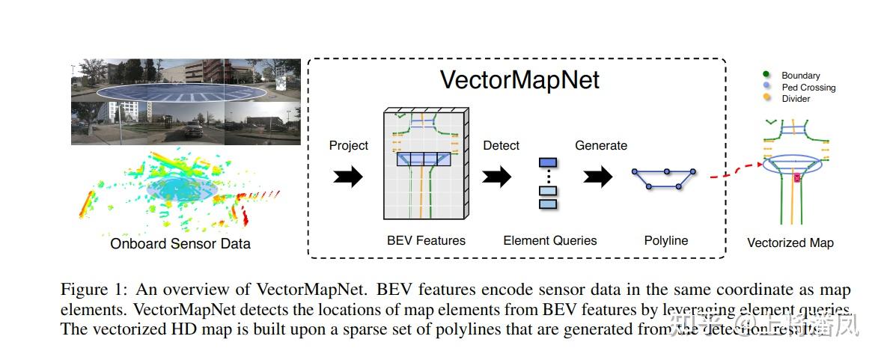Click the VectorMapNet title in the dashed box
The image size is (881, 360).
(x=519, y=80)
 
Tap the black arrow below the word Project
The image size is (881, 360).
(x=347, y=177)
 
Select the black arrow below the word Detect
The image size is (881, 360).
(x=496, y=177)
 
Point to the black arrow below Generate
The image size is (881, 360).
(x=598, y=177)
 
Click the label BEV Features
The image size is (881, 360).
(x=426, y=240)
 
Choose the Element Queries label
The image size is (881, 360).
(x=550, y=240)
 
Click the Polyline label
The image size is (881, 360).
(x=665, y=240)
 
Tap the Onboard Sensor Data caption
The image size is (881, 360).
(x=180, y=243)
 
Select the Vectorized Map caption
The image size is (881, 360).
(x=790, y=242)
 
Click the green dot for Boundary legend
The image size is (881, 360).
(x=766, y=75)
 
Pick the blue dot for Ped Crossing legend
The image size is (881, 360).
(x=766, y=87)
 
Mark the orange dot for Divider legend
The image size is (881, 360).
(x=766, y=98)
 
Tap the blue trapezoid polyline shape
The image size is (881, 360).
(x=663, y=179)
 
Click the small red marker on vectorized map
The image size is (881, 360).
(x=797, y=178)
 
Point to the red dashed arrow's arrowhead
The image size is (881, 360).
(x=762, y=164)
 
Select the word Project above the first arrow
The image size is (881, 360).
(x=349, y=145)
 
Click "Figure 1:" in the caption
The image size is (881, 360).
(x=91, y=290)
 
